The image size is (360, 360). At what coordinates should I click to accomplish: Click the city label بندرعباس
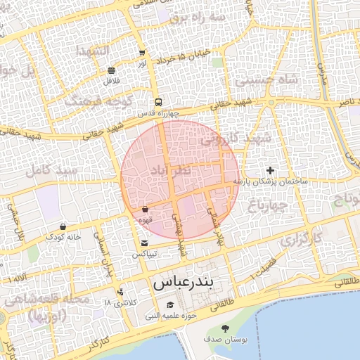[186, 283]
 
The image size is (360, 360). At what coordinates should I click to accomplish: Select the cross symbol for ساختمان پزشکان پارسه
[270, 170]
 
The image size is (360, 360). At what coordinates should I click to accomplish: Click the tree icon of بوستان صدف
[225, 328]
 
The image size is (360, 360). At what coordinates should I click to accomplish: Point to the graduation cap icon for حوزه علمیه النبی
[170, 304]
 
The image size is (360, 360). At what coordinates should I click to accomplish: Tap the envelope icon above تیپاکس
[144, 243]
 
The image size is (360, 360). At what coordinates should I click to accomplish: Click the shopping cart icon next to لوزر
[142, 53]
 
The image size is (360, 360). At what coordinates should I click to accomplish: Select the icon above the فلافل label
[112, 70]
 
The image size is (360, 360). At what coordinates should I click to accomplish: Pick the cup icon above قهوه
[145, 209]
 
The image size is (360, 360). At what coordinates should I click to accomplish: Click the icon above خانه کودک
[64, 226]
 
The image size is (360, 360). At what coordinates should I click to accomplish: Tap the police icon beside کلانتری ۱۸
[121, 292]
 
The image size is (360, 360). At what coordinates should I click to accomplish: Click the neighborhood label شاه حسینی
[266, 79]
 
